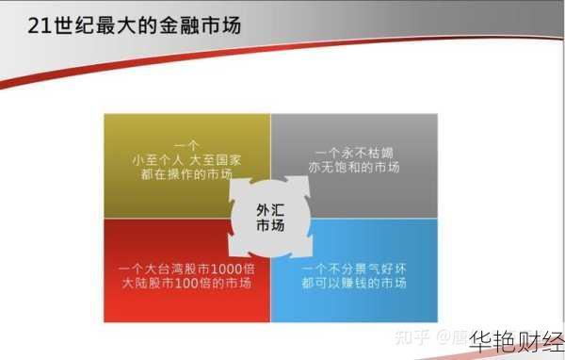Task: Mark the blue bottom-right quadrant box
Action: click(372, 283)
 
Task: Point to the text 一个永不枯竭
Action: click(353, 152)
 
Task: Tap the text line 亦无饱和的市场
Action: click(353, 168)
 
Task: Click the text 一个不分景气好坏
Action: click(354, 268)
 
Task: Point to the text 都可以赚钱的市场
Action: click(354, 284)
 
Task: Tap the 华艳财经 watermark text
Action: click(516, 340)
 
